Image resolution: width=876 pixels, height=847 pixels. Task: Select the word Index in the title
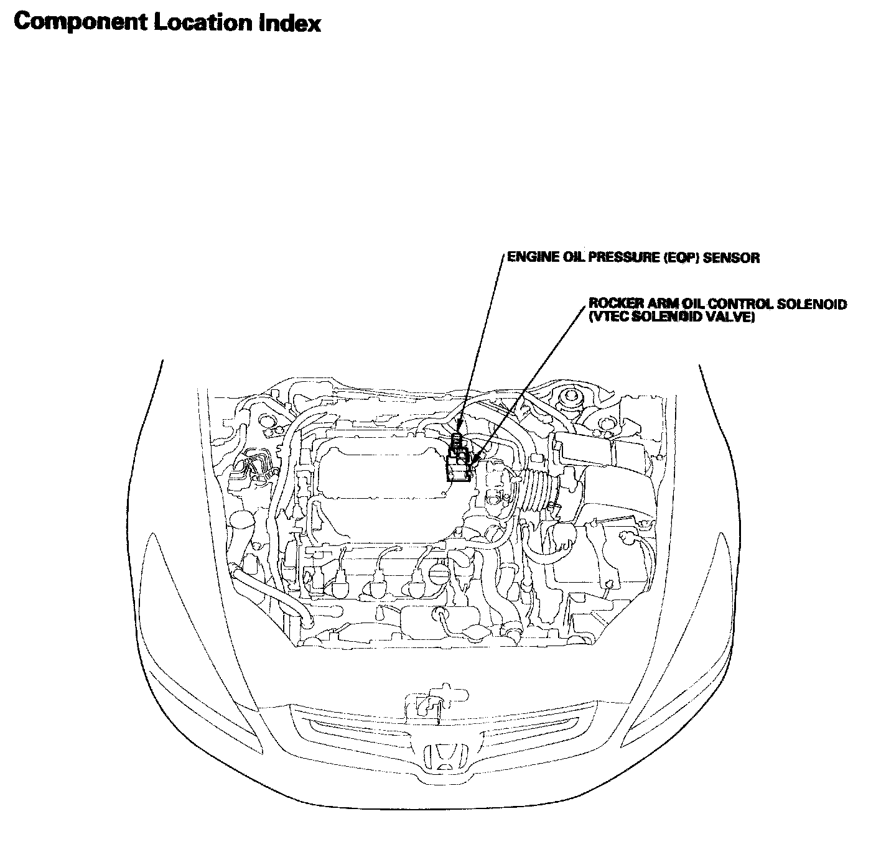click(294, 23)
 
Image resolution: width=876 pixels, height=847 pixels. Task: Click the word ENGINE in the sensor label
click(526, 257)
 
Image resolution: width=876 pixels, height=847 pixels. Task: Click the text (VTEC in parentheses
click(606, 317)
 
